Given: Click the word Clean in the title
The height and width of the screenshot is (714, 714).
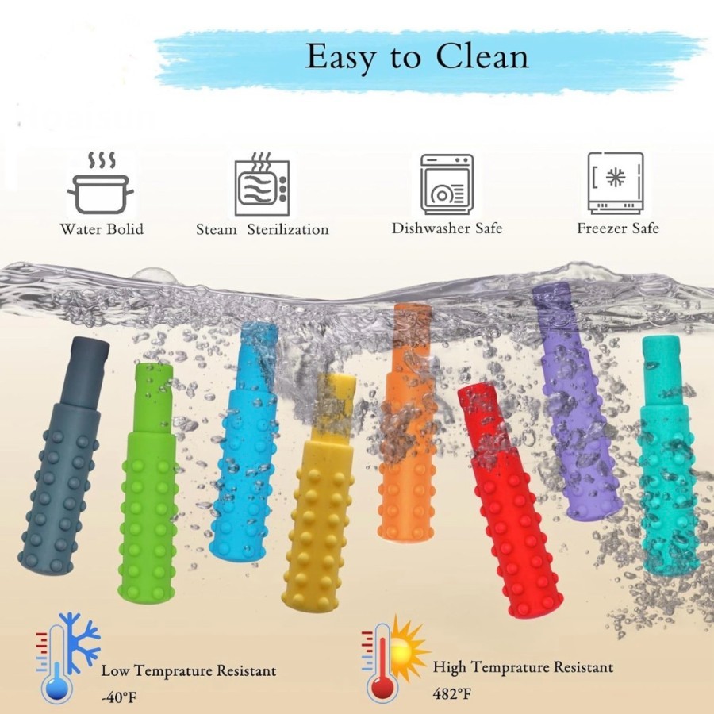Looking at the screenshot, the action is click(x=482, y=57).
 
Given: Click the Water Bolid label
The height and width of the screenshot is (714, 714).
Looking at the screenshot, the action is click(x=102, y=229).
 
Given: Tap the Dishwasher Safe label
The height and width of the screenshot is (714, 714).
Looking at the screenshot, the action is click(x=447, y=228).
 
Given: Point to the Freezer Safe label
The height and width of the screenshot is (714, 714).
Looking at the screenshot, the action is click(x=618, y=228).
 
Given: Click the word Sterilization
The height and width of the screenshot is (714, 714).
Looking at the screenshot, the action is click(x=288, y=229).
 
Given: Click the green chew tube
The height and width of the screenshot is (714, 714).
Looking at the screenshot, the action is click(x=148, y=484).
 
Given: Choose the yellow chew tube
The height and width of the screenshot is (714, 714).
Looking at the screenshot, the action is click(x=321, y=508).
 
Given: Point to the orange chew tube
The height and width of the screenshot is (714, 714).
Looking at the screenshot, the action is click(x=406, y=444).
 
